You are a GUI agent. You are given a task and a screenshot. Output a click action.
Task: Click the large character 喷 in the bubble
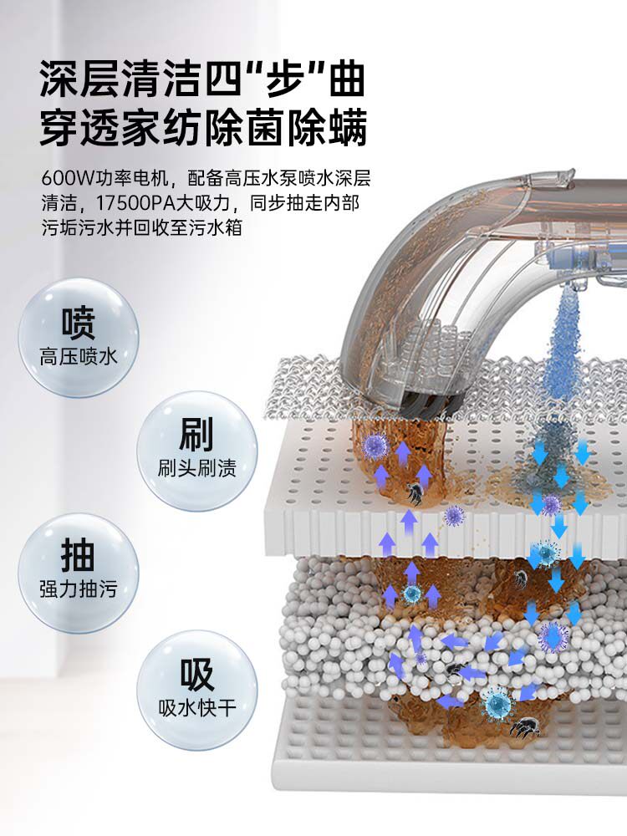(x=78, y=324)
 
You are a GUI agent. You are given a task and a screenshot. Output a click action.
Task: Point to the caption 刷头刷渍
(x=196, y=467)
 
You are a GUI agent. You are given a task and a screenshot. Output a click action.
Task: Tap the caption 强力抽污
(x=78, y=589)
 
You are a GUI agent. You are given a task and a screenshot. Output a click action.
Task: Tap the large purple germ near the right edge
(x=553, y=637)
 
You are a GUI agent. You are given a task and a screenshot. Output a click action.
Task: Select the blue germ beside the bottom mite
(x=497, y=704)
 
